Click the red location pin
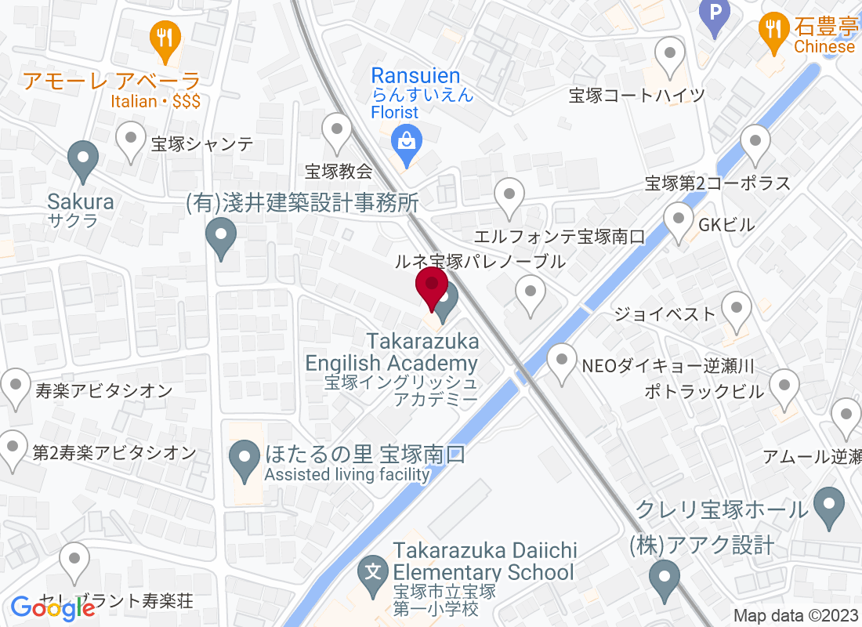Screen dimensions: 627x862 coord(431,287)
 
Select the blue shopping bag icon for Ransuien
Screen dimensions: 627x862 coord(406,143)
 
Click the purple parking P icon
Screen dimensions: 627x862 coord(714,14)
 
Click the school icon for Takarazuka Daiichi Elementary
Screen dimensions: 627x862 coord(374,571)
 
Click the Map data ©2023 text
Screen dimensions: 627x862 coord(795,616)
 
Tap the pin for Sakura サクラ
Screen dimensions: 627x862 coord(82,160)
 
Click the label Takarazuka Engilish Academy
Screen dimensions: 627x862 coord(392,353)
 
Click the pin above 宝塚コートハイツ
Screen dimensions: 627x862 coord(670,56)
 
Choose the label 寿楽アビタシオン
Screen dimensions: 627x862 coord(103,390)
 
